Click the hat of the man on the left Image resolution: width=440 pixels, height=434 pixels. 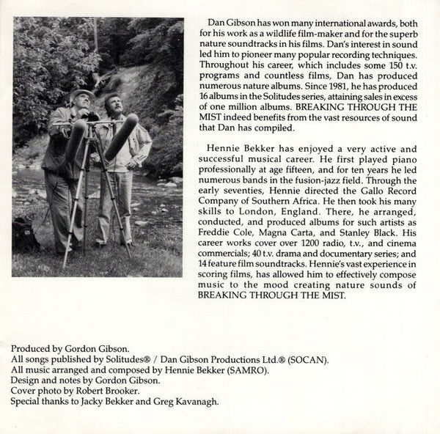click(82, 95)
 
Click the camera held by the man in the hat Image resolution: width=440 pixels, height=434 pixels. click(91, 117)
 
